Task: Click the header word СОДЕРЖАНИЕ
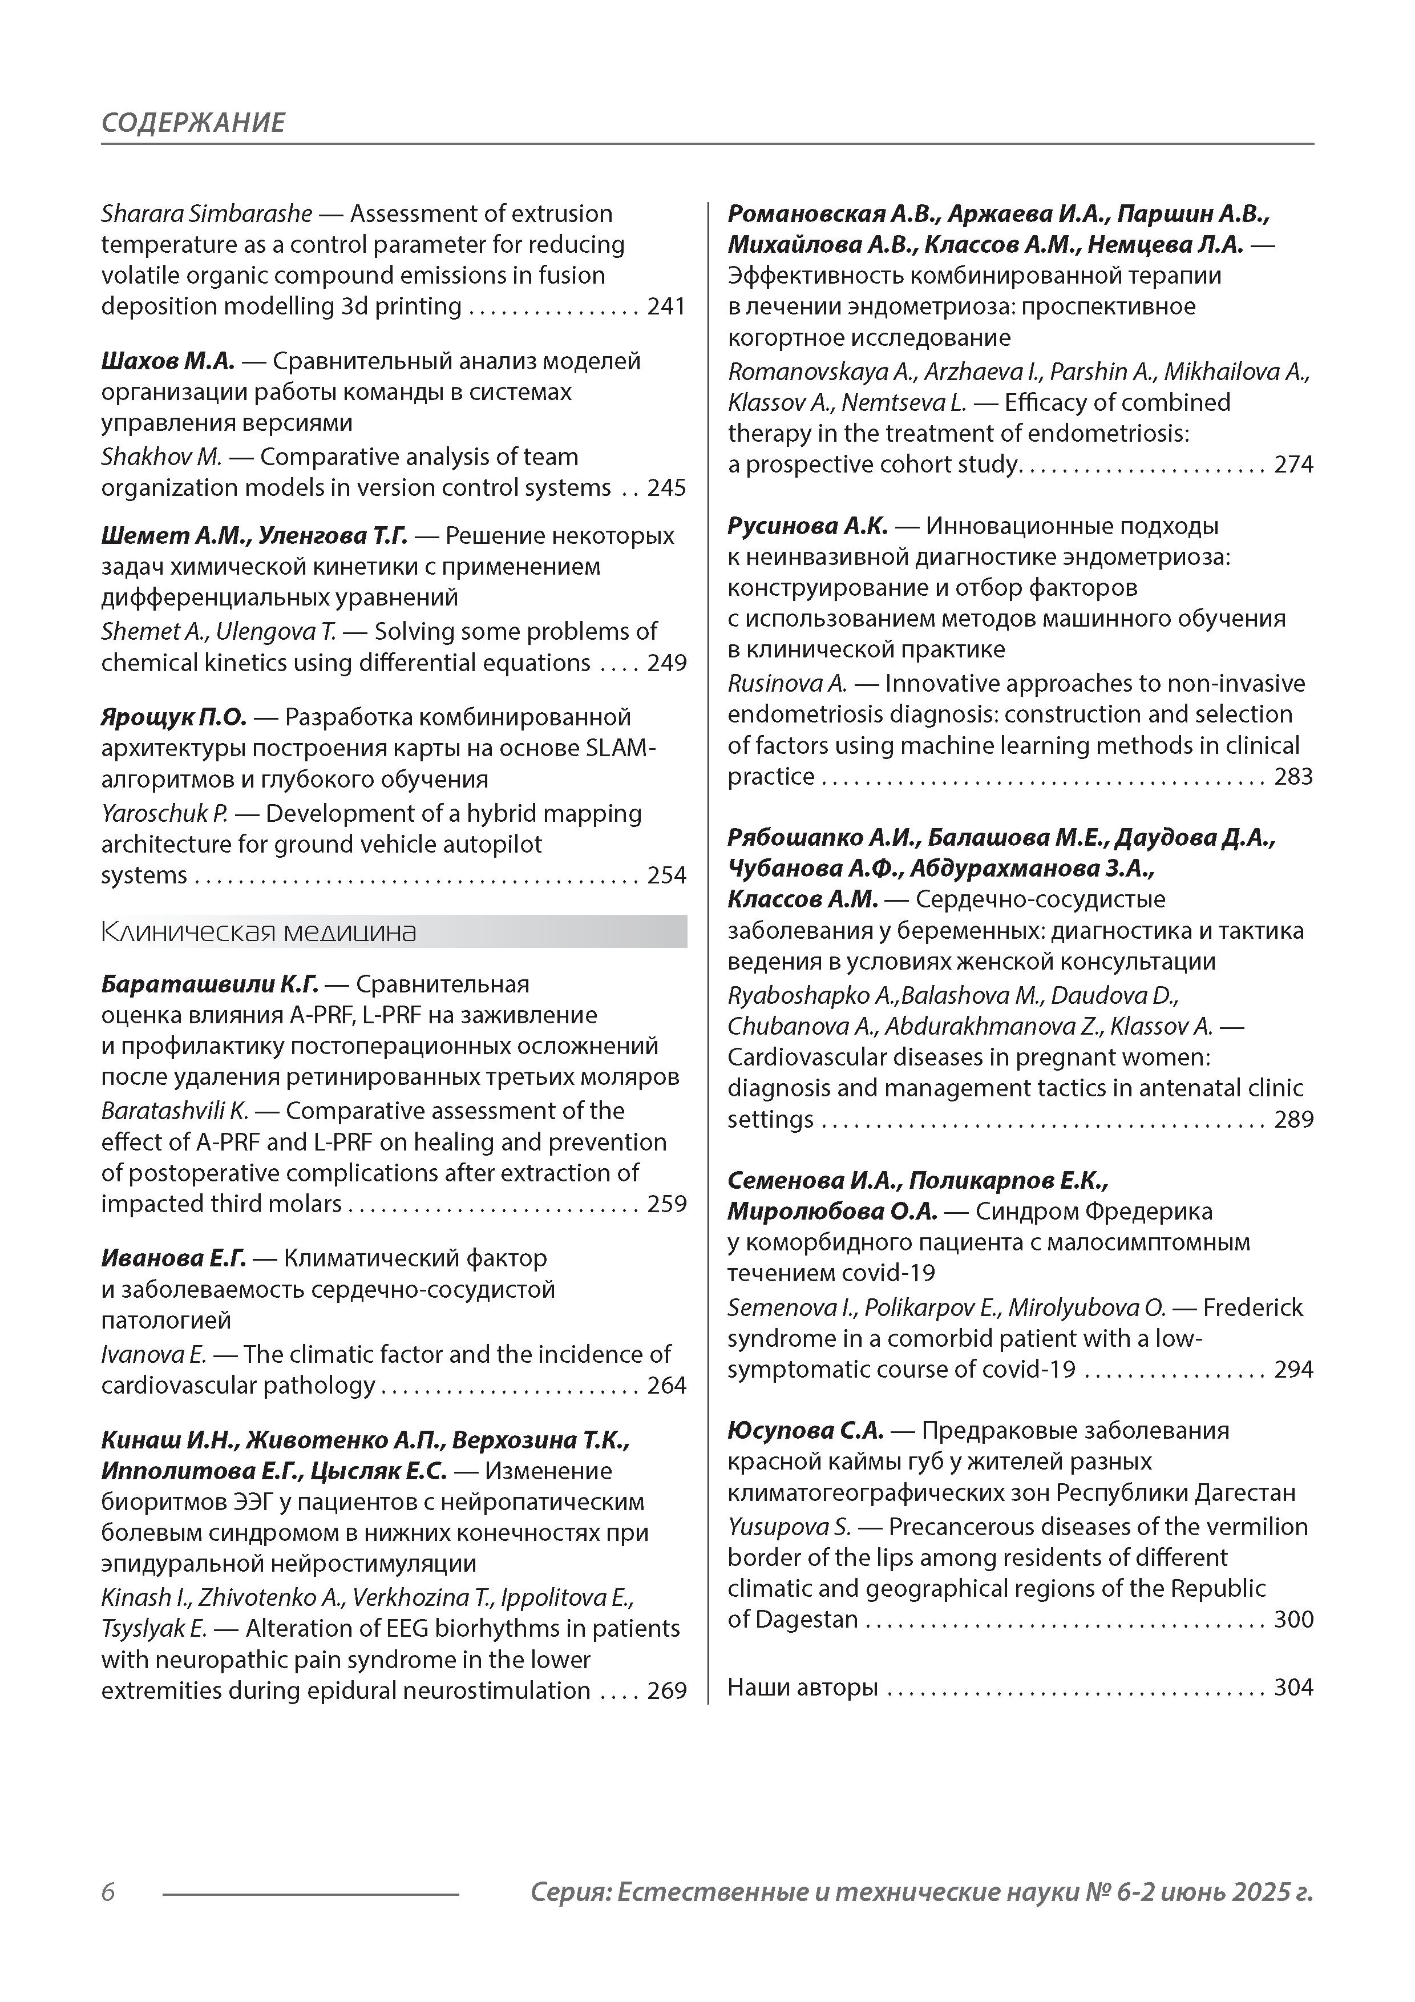(193, 122)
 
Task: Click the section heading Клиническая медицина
(259, 932)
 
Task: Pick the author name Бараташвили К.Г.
(210, 984)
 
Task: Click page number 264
(666, 1386)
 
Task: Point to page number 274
(1293, 464)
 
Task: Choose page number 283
(1293, 776)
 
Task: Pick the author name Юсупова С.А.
(806, 1430)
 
